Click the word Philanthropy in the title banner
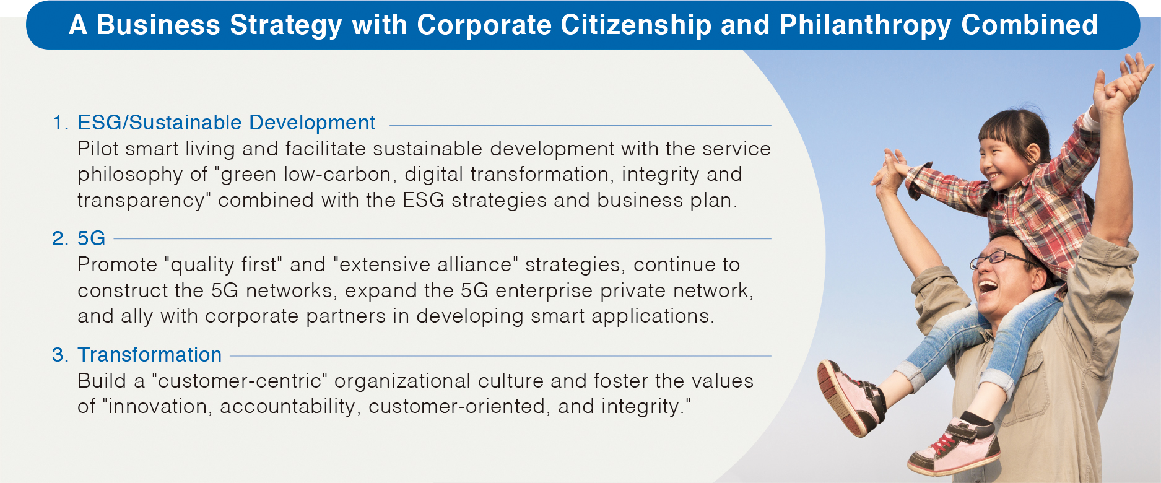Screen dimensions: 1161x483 (865, 25)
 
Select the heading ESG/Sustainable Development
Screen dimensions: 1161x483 (226, 123)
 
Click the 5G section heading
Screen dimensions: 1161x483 (91, 238)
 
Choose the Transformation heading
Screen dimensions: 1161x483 (149, 355)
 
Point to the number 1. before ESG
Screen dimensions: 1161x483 (60, 123)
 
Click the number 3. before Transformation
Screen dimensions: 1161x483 (60, 355)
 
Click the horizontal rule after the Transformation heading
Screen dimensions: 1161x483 (500, 356)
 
